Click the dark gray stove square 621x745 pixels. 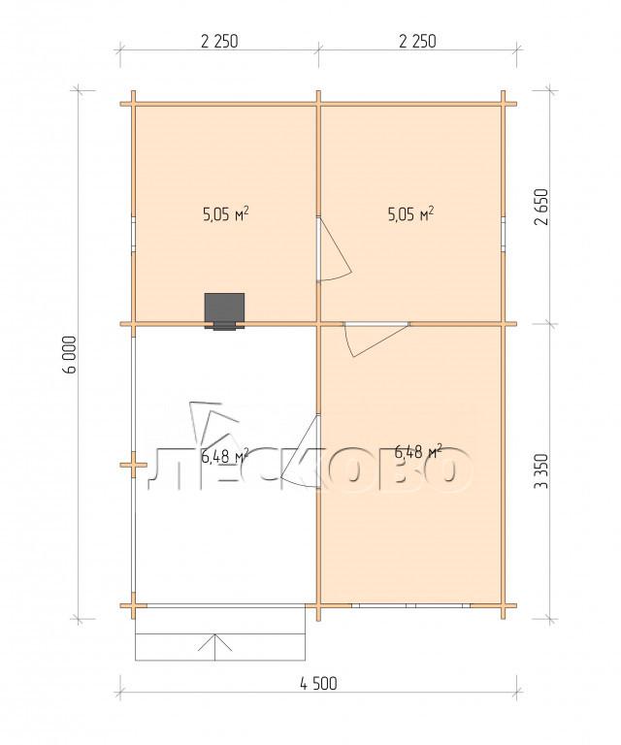point(225,308)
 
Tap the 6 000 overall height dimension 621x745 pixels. point(69,355)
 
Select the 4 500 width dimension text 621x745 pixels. point(318,684)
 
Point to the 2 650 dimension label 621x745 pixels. point(542,207)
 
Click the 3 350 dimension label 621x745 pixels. point(542,471)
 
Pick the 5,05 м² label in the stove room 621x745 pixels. point(226,214)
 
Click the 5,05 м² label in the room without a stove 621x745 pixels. point(411,214)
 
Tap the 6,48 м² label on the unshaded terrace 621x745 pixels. point(225,456)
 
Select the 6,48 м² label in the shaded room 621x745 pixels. point(418,451)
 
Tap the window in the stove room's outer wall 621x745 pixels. point(134,234)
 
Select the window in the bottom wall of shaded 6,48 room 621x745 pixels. point(411,605)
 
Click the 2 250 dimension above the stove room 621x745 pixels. point(219,42)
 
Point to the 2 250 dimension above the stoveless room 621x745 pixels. point(417,42)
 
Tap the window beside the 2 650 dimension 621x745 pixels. point(503,234)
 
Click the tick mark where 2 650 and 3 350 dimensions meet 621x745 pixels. point(551,324)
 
